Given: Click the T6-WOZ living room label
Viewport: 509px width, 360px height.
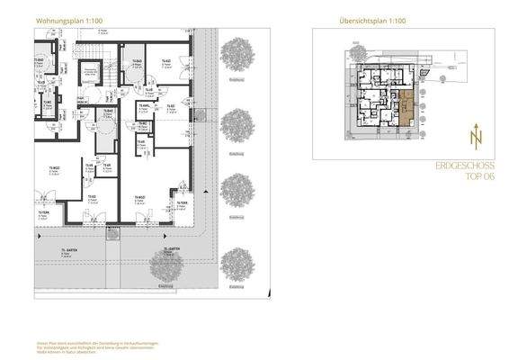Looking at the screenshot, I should coord(140,198).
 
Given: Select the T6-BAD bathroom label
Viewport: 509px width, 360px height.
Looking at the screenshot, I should coord(138,61).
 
